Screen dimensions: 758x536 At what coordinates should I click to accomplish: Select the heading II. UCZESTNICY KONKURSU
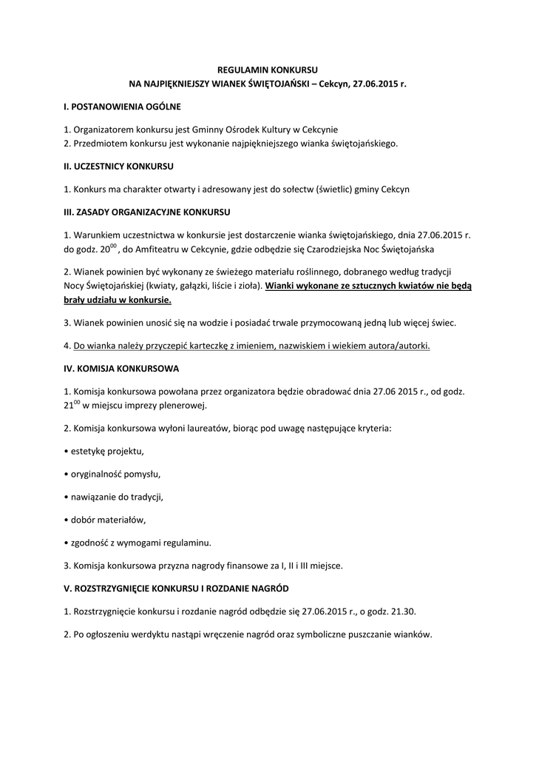coord(119,166)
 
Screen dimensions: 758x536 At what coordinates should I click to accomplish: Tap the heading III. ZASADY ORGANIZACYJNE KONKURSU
coord(147,212)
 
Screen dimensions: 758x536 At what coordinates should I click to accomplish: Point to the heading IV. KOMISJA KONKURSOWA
coord(121,368)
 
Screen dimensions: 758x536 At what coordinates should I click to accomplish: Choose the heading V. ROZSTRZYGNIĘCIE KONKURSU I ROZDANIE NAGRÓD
coord(177,588)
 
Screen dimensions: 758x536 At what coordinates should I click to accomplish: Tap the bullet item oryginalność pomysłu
coord(112,473)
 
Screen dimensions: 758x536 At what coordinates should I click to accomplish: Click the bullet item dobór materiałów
coord(105,519)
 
